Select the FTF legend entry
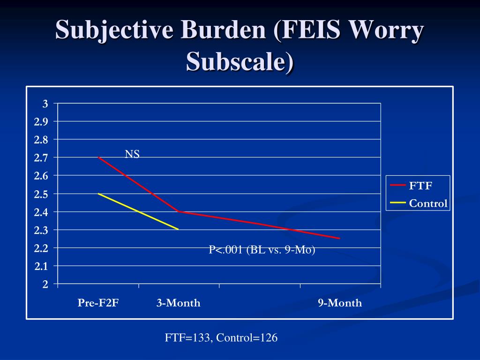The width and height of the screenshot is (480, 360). click(x=411, y=186)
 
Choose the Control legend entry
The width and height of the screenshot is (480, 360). click(x=419, y=203)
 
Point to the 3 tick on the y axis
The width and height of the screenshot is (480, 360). click(x=45, y=104)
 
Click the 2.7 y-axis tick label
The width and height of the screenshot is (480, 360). click(x=41, y=158)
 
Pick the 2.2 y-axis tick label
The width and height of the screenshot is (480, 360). click(x=41, y=248)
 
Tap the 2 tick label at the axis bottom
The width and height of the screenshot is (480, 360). click(x=45, y=285)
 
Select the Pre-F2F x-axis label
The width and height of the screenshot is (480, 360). click(x=98, y=303)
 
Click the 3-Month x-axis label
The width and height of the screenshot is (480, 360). click(x=179, y=303)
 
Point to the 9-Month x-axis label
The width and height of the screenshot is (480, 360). click(x=340, y=303)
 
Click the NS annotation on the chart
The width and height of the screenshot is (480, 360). click(x=132, y=154)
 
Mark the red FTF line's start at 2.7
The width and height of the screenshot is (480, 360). click(x=98, y=157)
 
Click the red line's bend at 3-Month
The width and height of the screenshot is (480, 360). click(x=179, y=211)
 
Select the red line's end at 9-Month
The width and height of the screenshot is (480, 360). click(x=340, y=239)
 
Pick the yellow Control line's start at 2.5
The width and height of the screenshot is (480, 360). click(x=98, y=194)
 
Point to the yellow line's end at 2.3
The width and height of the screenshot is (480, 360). click(x=179, y=229)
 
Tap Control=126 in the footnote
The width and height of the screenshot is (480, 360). click(x=247, y=337)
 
